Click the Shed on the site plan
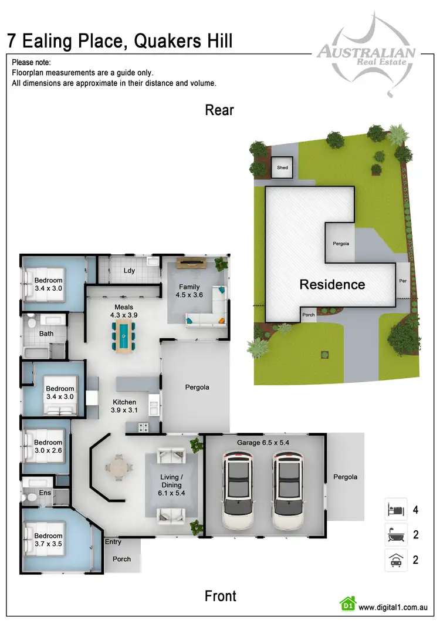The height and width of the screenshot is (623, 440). click(x=283, y=168)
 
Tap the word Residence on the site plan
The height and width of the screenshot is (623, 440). click(x=332, y=285)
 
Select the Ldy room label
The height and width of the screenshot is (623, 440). click(x=129, y=271)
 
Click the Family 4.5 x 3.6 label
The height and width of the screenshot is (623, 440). click(x=189, y=291)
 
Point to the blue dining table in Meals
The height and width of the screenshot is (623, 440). click(x=124, y=339)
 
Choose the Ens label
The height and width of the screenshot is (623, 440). click(x=45, y=493)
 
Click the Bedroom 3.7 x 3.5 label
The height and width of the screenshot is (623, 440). click(x=48, y=540)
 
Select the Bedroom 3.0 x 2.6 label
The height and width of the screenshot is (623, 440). click(x=48, y=446)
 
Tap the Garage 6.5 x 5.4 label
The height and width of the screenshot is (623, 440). click(x=263, y=442)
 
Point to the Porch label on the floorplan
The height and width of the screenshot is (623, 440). click(x=121, y=559)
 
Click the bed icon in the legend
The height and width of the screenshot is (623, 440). click(x=395, y=509)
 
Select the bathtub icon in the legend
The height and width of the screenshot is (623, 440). click(x=395, y=534)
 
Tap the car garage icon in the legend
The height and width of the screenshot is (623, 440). click(x=395, y=560)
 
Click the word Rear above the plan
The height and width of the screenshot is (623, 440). click(x=219, y=110)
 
